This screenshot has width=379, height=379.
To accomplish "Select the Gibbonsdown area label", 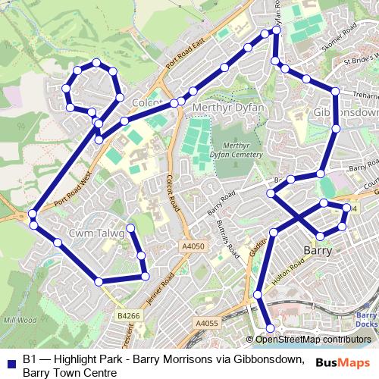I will tap(345, 112).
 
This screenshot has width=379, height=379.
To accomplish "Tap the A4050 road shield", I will tap(193, 246).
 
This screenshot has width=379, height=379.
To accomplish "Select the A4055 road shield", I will tap(206, 324).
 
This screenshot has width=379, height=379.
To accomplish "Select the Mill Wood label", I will tap(20, 319).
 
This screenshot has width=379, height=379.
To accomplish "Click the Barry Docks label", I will tap(366, 320).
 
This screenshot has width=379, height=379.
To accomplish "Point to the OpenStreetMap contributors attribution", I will tap(313, 339).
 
